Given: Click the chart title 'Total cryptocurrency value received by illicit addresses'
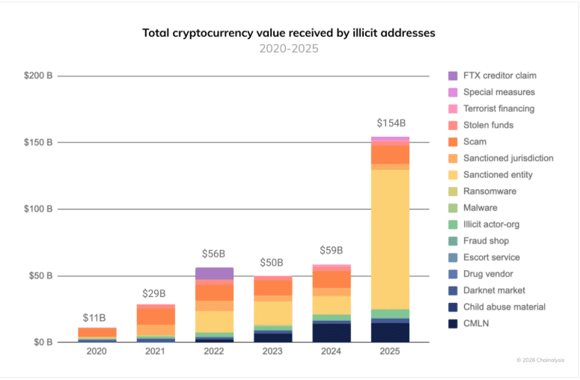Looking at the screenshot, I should [x=289, y=33].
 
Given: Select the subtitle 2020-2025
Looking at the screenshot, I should [x=289, y=49].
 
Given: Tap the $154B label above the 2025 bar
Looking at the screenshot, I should [x=390, y=123].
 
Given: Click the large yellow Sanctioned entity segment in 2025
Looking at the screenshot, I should [x=390, y=239].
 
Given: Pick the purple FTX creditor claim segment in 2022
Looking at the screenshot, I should [x=214, y=273].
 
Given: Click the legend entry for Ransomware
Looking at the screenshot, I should [x=490, y=191].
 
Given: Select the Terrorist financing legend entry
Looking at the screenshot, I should [x=499, y=108].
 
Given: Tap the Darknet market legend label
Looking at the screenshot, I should [x=494, y=290].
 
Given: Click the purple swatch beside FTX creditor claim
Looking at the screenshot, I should [x=453, y=76].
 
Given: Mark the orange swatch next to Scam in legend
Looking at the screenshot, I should [x=453, y=141].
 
